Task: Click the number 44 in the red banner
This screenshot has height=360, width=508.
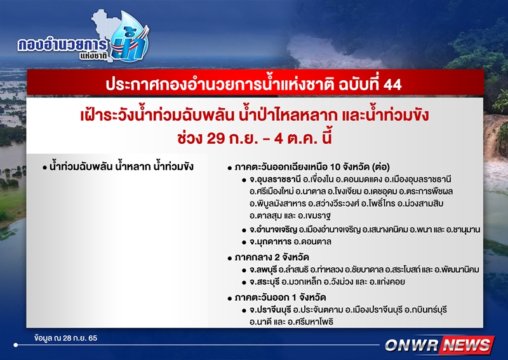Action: pos(392,85)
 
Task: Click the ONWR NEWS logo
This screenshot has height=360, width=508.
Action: pos(439,345)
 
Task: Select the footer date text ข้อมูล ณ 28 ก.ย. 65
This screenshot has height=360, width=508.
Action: pos(66,338)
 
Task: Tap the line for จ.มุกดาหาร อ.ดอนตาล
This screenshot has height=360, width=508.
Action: pos(290,242)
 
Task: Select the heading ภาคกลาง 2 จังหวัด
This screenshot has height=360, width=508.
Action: pos(272,258)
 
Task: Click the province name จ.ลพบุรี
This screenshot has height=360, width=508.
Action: pos(263,270)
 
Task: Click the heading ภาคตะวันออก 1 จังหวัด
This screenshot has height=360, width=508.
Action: pos(280,298)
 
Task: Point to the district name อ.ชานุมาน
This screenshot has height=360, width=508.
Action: pos(463,230)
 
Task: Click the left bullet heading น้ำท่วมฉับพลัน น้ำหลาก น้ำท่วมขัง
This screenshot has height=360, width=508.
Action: pos(121,167)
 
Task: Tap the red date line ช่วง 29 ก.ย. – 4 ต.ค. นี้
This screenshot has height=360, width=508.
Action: pos(255,139)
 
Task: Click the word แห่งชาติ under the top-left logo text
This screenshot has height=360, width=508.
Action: pos(93,56)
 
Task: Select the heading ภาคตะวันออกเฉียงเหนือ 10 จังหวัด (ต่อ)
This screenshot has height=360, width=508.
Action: pos(312,167)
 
